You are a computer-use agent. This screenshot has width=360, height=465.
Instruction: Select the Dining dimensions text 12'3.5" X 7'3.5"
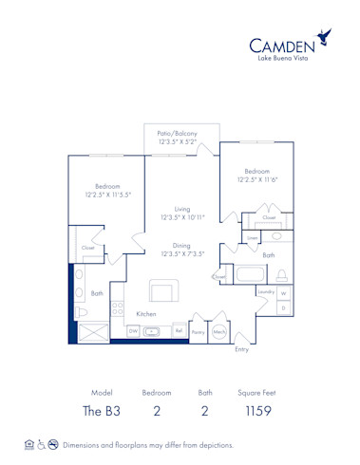click(x=183, y=253)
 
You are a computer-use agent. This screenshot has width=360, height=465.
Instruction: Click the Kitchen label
click(x=145, y=313)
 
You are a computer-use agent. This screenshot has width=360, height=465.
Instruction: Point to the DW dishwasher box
click(x=133, y=330)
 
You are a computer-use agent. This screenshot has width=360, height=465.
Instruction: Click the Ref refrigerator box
click(x=178, y=330)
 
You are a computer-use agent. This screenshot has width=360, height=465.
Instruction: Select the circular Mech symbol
click(x=219, y=331)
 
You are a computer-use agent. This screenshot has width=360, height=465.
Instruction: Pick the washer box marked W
click(x=282, y=293)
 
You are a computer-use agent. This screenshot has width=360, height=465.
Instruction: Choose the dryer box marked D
click(x=282, y=308)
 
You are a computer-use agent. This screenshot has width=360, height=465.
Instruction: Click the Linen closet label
click(x=252, y=237)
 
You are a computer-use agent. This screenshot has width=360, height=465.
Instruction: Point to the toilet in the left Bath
click(x=82, y=311)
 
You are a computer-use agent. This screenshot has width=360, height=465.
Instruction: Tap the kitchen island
click(x=162, y=290)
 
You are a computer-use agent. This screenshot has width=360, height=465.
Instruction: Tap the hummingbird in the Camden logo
click(x=326, y=38)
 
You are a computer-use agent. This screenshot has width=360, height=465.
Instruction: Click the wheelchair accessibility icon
click(x=40, y=444)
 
